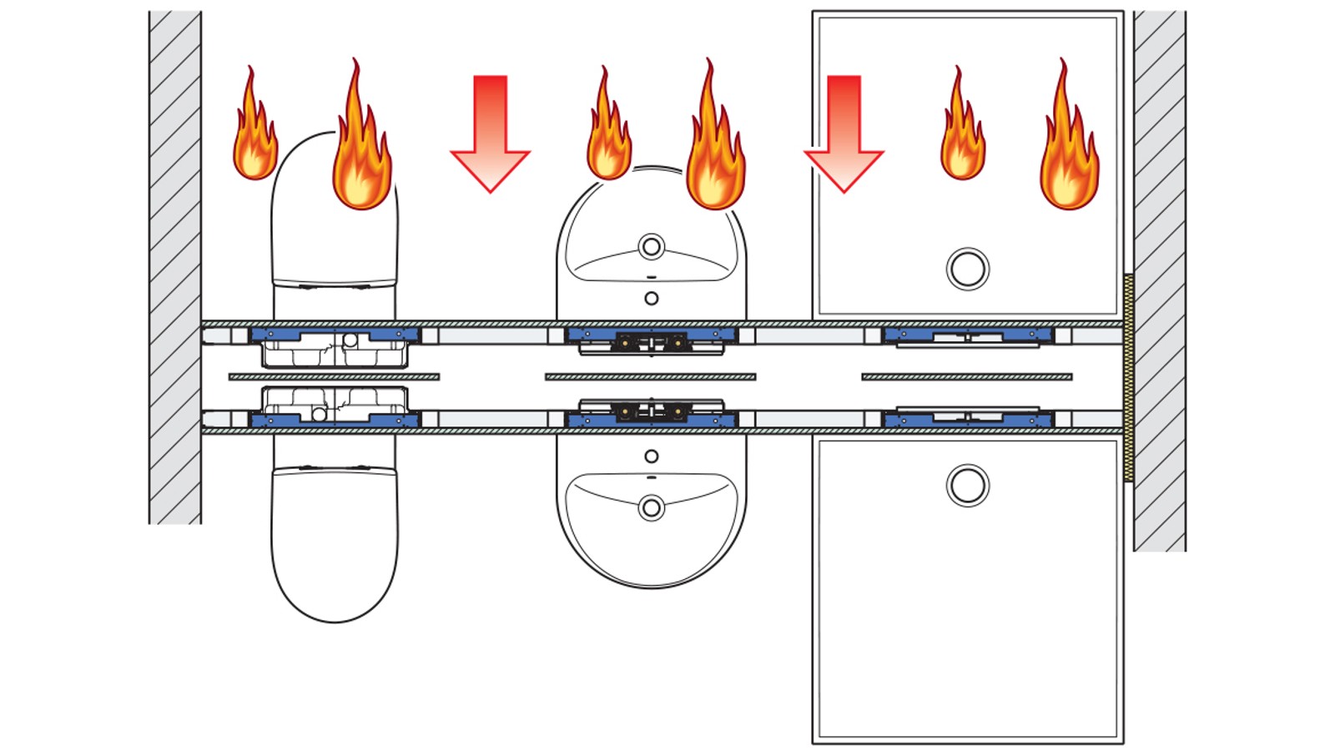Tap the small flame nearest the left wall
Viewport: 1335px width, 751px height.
pyautogui.click(x=254, y=134)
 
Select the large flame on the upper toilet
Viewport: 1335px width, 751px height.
pyautogui.click(x=360, y=150)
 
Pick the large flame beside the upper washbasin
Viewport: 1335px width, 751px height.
pyautogui.click(x=714, y=150)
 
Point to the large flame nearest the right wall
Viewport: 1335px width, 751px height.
pyautogui.click(x=1068, y=150)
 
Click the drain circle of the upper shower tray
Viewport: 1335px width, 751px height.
pyautogui.click(x=968, y=269)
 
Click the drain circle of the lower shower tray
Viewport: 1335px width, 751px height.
pyautogui.click(x=968, y=486)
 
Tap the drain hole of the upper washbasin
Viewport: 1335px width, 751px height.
pyautogui.click(x=652, y=246)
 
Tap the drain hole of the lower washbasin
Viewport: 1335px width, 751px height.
pyautogui.click(x=652, y=507)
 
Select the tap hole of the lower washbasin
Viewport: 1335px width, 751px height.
pyautogui.click(x=652, y=456)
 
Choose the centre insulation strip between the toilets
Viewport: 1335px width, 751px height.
pyautogui.click(x=334, y=377)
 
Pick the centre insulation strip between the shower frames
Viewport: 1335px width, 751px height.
pyautogui.click(x=966, y=377)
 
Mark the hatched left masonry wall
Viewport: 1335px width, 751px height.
pyautogui.click(x=175, y=267)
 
